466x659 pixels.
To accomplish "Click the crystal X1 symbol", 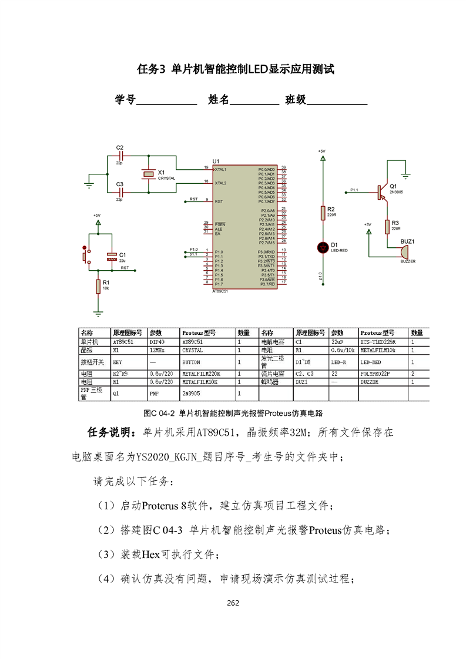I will [147, 174].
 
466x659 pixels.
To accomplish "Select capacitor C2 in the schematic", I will [120, 156].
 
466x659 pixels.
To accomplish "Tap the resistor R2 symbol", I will [322, 213].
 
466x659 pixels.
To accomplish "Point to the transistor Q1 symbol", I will [381, 190].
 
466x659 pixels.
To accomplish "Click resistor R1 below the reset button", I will [98, 286].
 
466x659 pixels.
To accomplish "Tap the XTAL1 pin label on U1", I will [221, 169].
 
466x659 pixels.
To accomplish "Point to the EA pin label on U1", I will [217, 234].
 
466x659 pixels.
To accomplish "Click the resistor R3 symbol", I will [387, 226].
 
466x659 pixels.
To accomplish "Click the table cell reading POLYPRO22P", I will [379, 373].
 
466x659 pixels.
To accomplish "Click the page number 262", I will [233, 603].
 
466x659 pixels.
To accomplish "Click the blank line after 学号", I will [166, 100].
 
